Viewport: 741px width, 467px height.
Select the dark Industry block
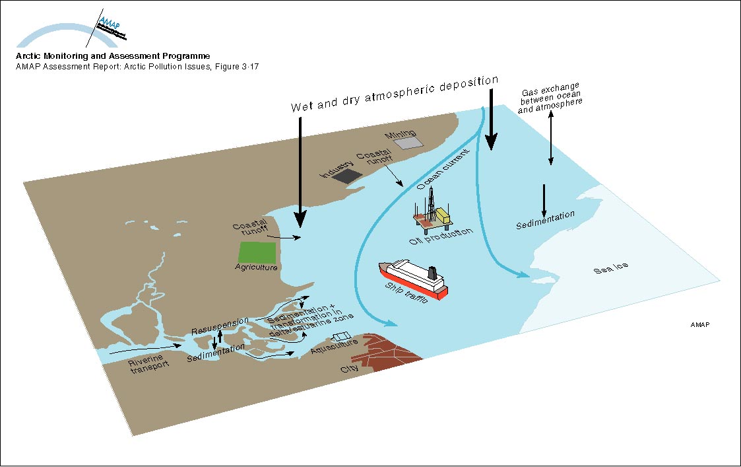[346, 174]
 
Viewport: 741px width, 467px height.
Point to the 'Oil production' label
[441, 236]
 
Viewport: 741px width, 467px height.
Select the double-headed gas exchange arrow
[551, 138]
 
